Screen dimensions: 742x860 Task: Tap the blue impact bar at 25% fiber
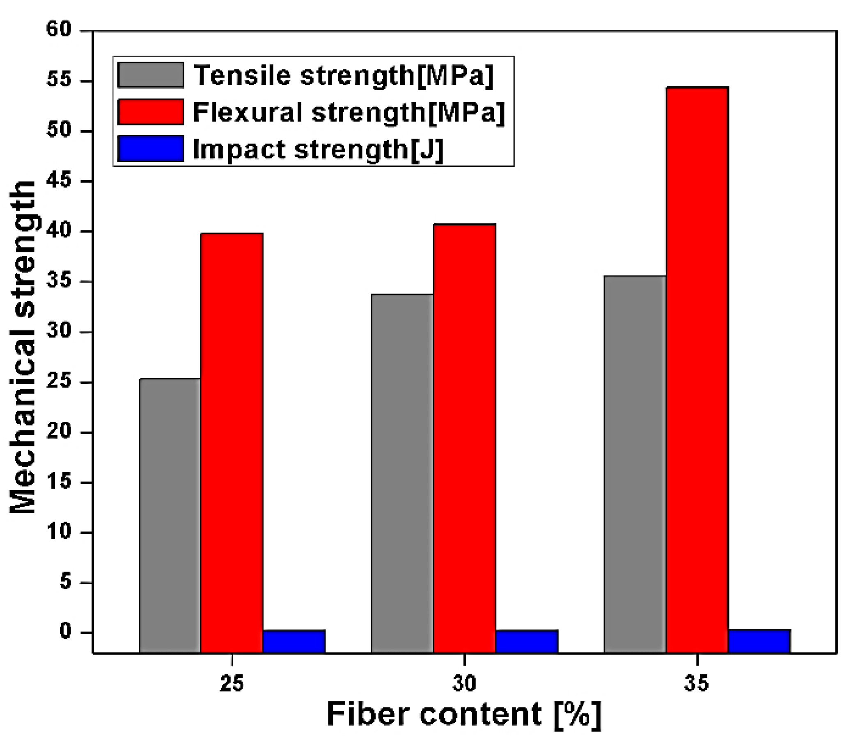294,641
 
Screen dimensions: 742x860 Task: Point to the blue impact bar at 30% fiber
527,641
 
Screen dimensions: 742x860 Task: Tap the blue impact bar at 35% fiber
759,641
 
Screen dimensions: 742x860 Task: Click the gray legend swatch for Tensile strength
151,75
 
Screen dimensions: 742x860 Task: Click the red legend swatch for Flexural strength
151,112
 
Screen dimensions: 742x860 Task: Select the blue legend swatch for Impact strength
151,148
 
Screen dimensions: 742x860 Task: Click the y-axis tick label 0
66,632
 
